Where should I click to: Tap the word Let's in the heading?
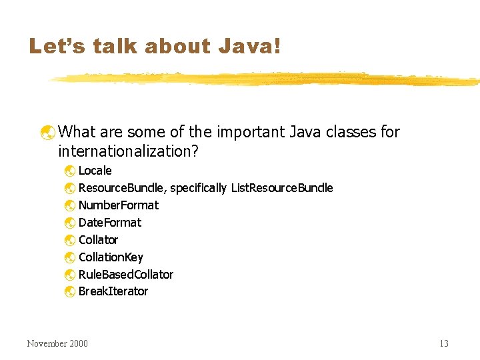pyautogui.click(x=54, y=46)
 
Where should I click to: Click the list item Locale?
pyautogui.click(x=95, y=171)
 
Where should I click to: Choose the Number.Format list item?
pyautogui.click(x=119, y=205)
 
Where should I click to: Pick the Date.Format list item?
pyautogui.click(x=110, y=223)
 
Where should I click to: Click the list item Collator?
pyautogui.click(x=98, y=240)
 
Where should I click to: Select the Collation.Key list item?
pyautogui.click(x=111, y=257)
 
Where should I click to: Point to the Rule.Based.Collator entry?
pyautogui.click(x=126, y=275)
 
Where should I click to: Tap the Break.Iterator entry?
pyautogui.click(x=113, y=291)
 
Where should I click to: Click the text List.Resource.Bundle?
pyautogui.click(x=282, y=188)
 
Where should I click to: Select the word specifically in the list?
pyautogui.click(x=199, y=189)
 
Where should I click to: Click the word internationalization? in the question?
pyautogui.click(x=129, y=151)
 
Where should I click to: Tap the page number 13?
pyautogui.click(x=444, y=343)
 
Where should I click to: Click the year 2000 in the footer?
pyautogui.click(x=77, y=343)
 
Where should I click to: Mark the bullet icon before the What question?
pyautogui.click(x=47, y=133)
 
